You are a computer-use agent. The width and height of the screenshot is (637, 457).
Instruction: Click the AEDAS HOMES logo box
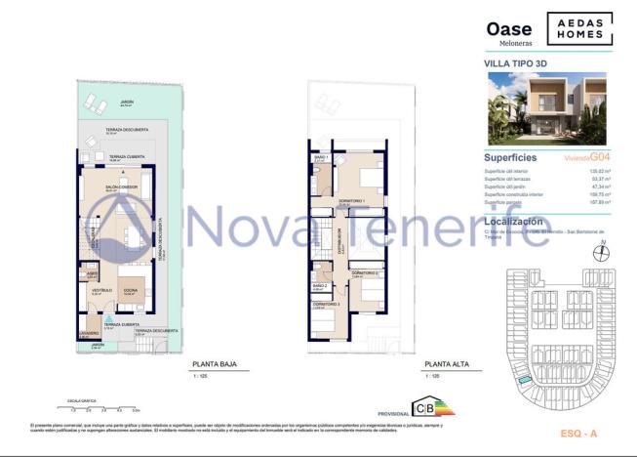579,29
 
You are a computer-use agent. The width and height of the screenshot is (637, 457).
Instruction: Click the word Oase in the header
508,30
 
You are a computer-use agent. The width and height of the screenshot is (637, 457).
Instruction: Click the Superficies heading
511,157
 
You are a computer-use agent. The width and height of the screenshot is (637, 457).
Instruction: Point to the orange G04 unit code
600,156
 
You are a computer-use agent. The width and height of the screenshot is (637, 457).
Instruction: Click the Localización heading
516,223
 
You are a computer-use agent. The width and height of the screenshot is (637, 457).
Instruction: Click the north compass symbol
600,252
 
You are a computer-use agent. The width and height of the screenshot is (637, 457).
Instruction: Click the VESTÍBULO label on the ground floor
101,290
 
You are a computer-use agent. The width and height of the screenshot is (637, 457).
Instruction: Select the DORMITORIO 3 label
325,305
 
